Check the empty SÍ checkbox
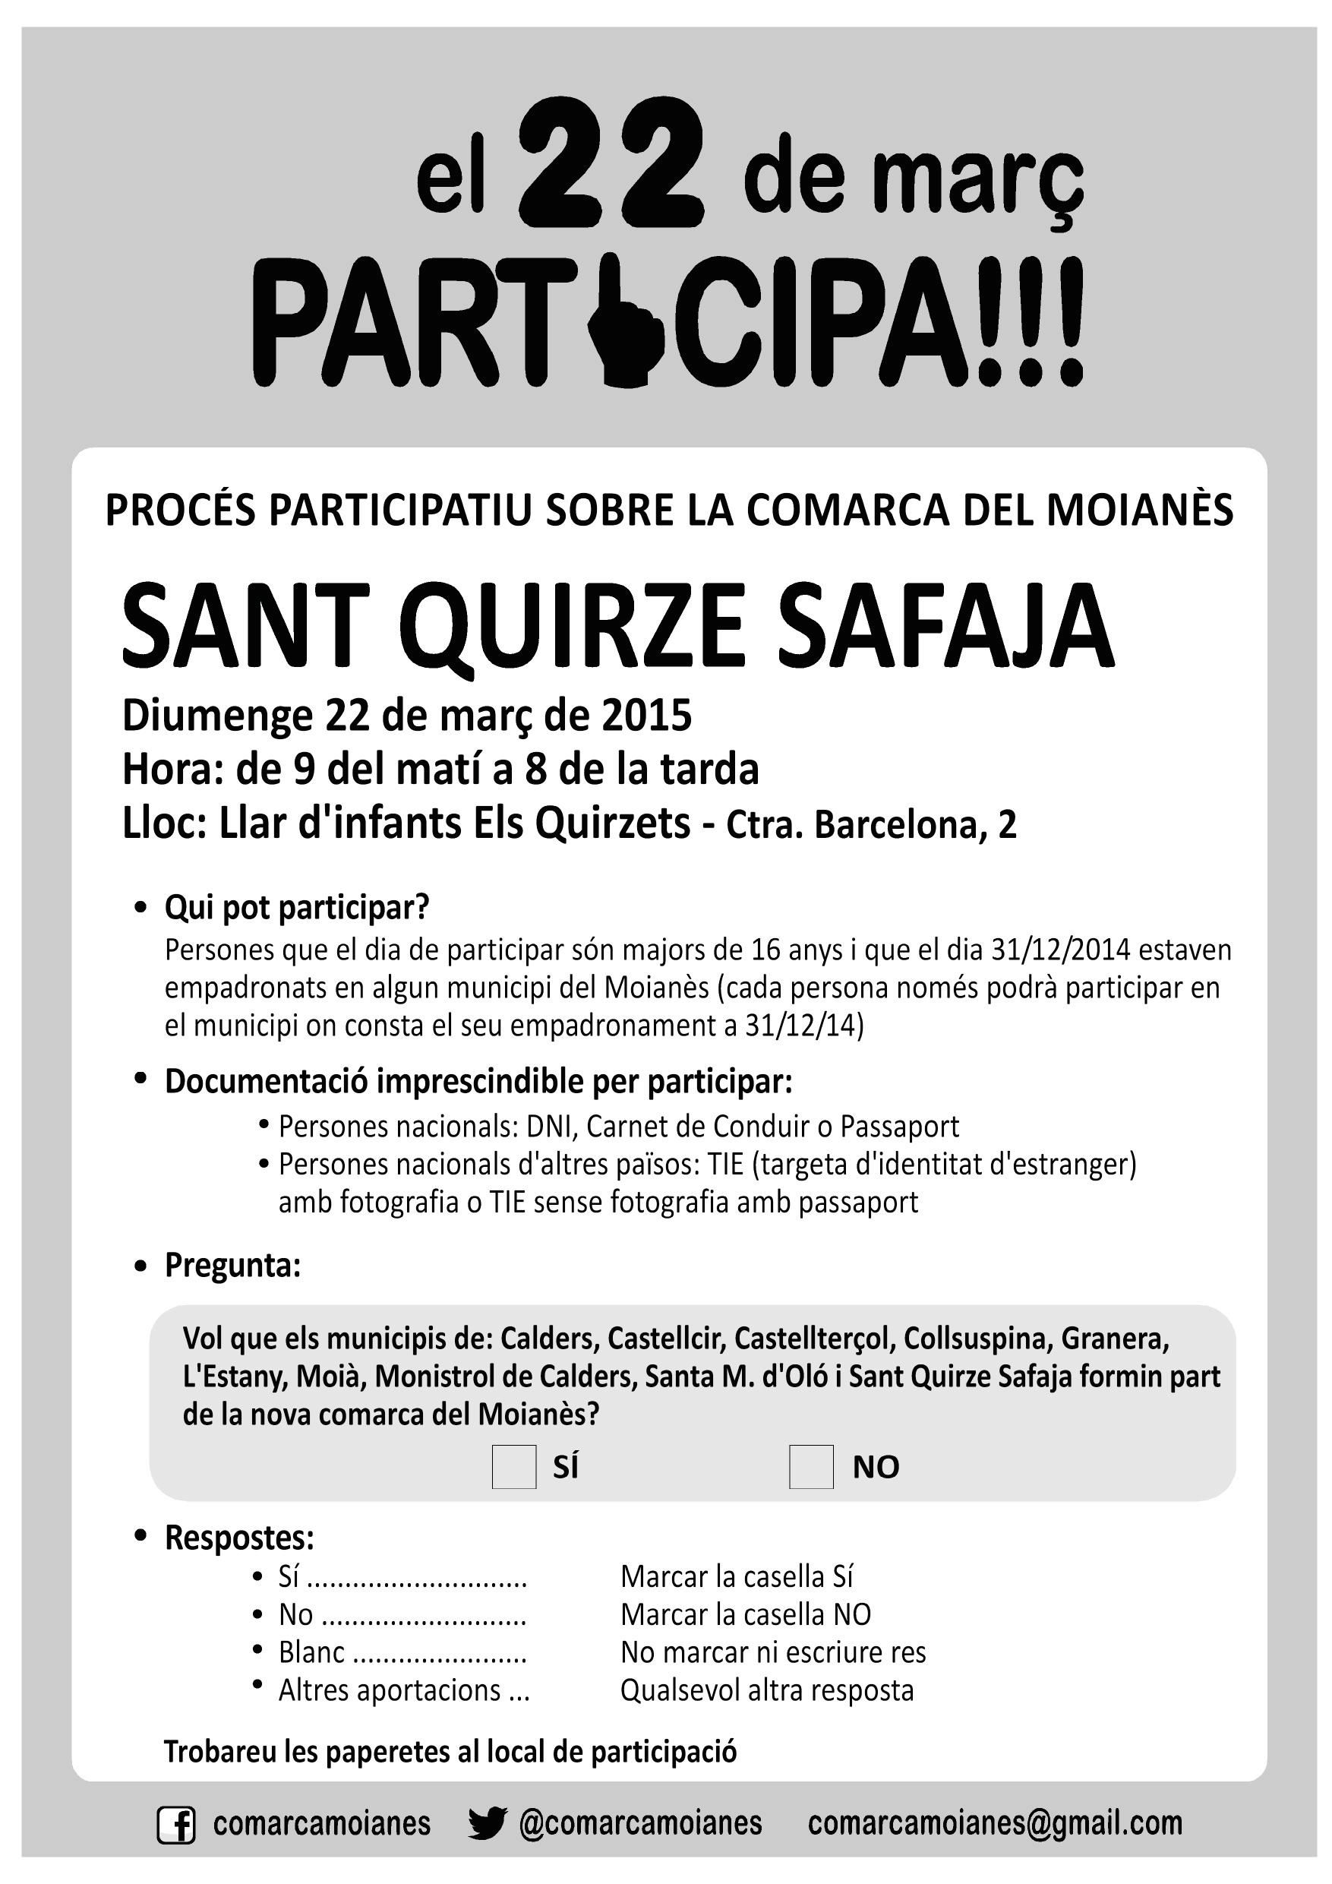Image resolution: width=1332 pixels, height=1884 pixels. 513,1466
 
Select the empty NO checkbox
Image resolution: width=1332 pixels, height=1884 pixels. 810,1466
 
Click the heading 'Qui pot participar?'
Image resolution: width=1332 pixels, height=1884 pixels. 297,908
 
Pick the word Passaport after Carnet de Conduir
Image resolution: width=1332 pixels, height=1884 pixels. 899,1127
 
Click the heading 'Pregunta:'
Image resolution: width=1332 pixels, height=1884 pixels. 233,1266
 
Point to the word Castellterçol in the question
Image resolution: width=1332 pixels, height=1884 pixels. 811,1339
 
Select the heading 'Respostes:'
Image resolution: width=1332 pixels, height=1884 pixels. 239,1538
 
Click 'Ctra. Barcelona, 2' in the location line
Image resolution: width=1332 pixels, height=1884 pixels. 871,827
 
